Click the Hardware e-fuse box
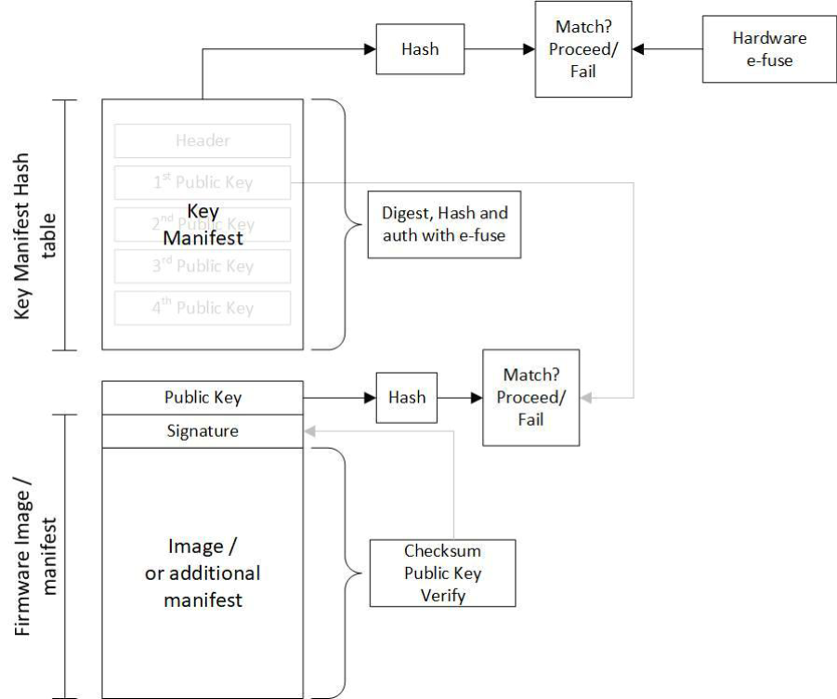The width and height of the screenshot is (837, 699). click(769, 50)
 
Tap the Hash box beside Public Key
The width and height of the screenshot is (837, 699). click(406, 397)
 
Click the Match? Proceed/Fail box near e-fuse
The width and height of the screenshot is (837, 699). click(583, 50)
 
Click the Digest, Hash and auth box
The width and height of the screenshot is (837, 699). click(444, 224)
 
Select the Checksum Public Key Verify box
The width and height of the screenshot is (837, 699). click(442, 573)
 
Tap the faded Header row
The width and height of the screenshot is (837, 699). click(203, 141)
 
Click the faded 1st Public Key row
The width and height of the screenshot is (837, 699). click(203, 182)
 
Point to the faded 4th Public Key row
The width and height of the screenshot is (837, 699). click(203, 308)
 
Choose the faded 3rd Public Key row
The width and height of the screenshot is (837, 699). click(203, 267)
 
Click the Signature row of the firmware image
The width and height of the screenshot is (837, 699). click(203, 431)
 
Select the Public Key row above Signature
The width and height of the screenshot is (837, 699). click(203, 397)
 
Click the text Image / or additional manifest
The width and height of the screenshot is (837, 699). click(203, 573)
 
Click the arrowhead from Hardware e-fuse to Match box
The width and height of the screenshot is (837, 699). click(640, 50)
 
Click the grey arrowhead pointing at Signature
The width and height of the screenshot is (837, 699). click(310, 431)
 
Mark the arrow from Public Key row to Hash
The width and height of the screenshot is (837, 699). click(339, 397)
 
